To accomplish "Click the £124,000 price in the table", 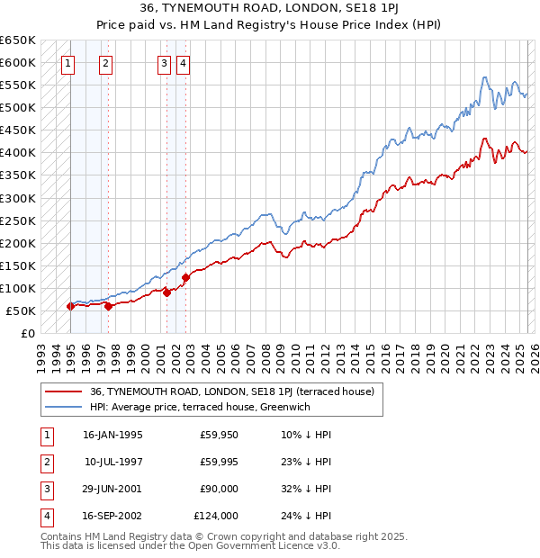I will pos(216,517).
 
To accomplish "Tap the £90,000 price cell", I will pos(219,490).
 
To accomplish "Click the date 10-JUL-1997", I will pos(112,463).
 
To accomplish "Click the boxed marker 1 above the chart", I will pos(69,63).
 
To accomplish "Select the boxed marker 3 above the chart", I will pos(164,63).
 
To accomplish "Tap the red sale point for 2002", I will pos(185,277).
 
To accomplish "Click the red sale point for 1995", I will pos(70,306).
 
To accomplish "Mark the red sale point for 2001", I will pos(167,292).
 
